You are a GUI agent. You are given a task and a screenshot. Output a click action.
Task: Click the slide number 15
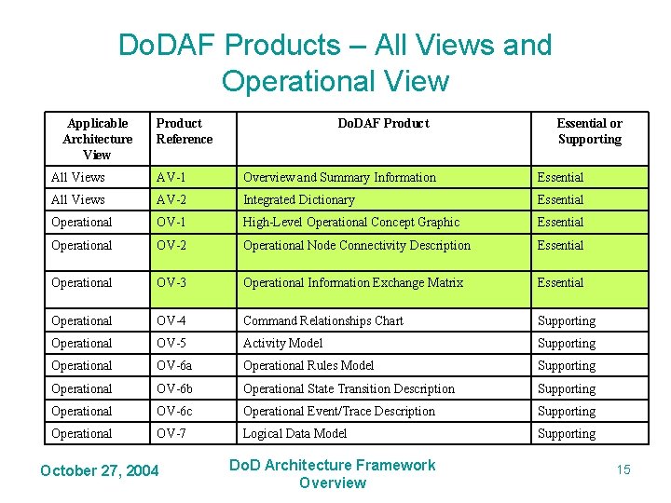coord(623,469)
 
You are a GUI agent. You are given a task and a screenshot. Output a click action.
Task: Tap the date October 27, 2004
coord(100,469)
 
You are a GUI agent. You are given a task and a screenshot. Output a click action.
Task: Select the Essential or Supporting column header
coord(589,131)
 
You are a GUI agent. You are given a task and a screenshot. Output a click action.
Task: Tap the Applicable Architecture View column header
coord(97,139)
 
